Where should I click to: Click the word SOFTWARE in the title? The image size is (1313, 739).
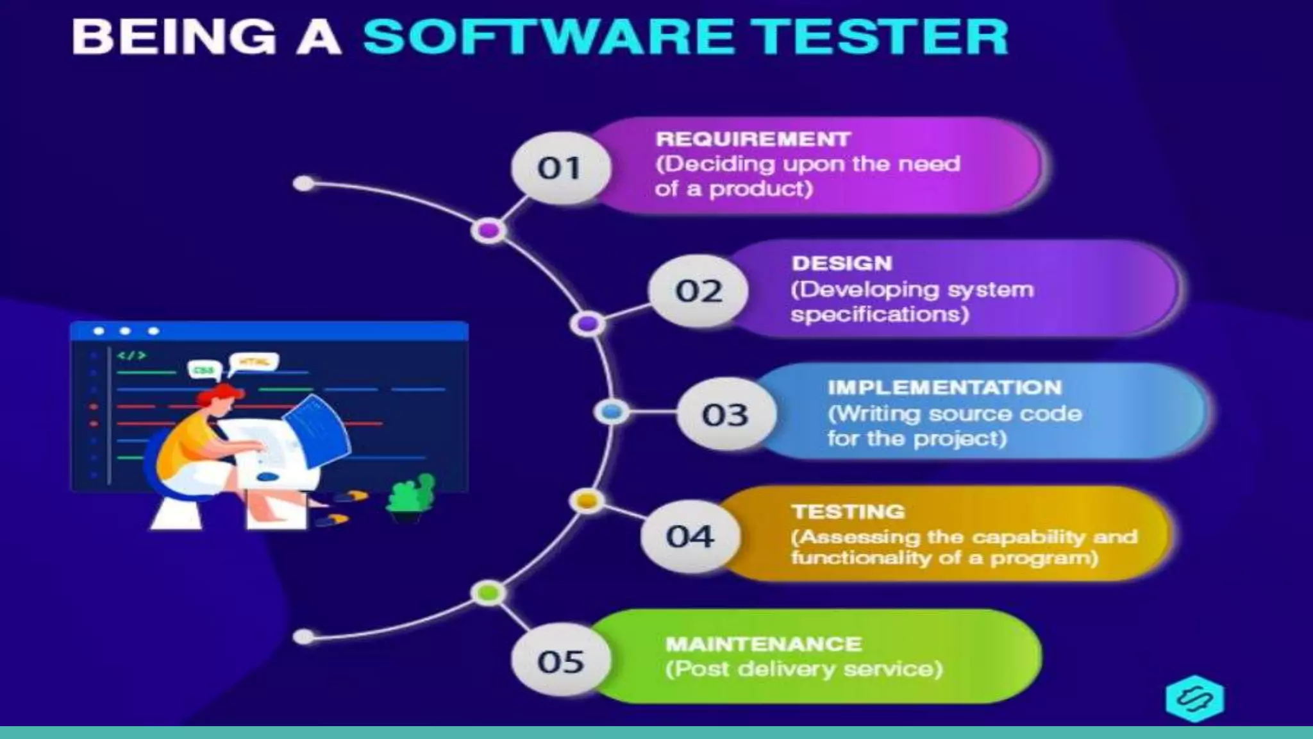pos(549,37)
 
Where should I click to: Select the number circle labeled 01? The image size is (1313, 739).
pos(560,168)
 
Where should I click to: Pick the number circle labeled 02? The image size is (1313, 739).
pos(698,291)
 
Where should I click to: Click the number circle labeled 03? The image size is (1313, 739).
pos(725,414)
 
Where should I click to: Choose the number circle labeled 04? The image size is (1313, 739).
pos(690,536)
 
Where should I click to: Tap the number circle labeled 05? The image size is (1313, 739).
pos(560,661)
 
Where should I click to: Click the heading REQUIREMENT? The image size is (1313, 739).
pos(753,139)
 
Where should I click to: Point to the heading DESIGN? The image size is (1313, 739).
pos(842,263)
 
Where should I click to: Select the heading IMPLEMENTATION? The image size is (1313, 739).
pos(944,387)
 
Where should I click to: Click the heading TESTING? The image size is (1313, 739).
pos(848,511)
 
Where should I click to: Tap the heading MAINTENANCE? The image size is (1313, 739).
pos(764,643)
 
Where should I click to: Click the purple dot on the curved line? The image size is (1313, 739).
pos(489,230)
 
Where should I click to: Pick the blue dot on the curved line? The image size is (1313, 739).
pos(611,412)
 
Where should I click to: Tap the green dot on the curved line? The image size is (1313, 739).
pos(489,593)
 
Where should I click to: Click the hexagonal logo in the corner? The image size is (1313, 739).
pos(1194,699)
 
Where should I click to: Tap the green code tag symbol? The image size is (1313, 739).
pos(131,355)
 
